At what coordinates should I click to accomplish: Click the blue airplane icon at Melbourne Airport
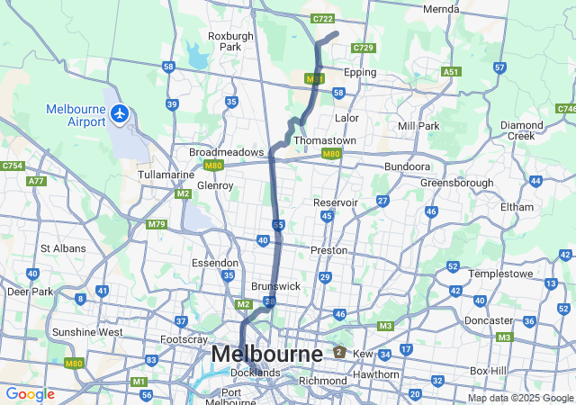click(x=121, y=113)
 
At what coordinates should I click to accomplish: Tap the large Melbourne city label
click(x=266, y=355)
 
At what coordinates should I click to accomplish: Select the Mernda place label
click(x=441, y=9)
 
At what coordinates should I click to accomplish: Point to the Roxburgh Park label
click(x=224, y=41)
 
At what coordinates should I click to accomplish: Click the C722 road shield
click(x=322, y=19)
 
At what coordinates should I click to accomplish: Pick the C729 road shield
click(x=364, y=47)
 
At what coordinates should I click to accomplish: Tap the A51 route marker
click(x=451, y=72)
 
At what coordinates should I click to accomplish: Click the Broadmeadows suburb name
click(x=226, y=152)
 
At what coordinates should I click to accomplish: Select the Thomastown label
click(x=325, y=141)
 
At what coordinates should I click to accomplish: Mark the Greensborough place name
click(x=456, y=183)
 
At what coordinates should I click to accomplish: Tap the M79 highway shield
click(x=157, y=224)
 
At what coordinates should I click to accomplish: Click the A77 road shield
click(x=36, y=181)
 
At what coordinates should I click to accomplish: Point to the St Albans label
click(x=63, y=248)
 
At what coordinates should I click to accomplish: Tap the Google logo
click(x=30, y=394)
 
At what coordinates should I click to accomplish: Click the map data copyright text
click(x=520, y=398)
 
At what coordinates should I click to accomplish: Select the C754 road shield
click(x=13, y=166)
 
